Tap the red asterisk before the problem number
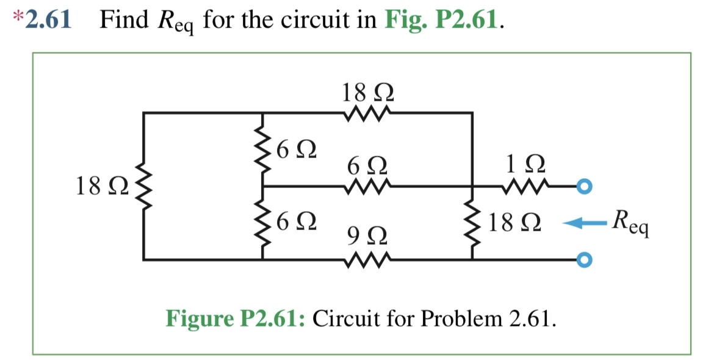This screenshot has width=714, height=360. [17, 18]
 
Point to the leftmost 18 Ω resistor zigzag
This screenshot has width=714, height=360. [144, 186]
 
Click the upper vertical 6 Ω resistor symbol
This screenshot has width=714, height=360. [263, 149]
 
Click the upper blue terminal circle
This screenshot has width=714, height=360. [584, 186]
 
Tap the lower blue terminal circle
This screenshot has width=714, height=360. [584, 260]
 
